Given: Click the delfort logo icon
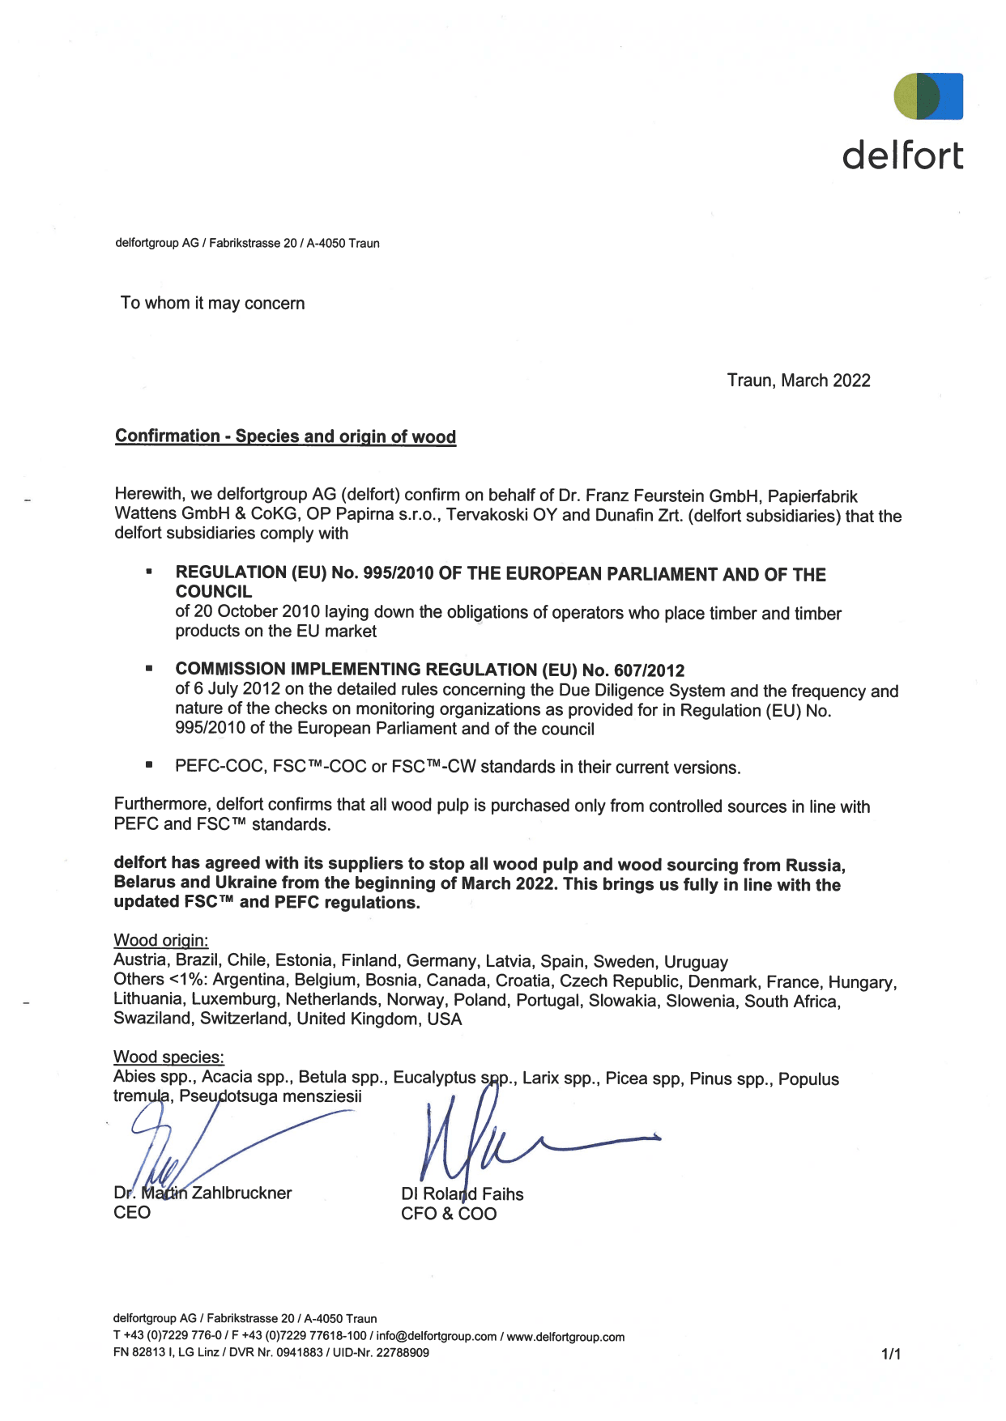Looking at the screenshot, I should [x=928, y=96].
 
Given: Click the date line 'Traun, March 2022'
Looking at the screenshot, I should [x=799, y=381].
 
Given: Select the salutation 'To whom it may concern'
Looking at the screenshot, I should [x=213, y=304].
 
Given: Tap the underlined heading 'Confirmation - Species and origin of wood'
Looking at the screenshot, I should [x=285, y=436].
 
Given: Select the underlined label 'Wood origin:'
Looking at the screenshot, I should [x=161, y=940].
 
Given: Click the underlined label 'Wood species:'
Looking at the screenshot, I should [x=168, y=1057].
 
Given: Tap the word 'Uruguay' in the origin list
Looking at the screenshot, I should [x=696, y=962].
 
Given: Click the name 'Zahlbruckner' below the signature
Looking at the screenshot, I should [x=241, y=1193].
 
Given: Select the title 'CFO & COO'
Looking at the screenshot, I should [x=449, y=1214].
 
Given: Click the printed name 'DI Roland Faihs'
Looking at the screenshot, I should [x=463, y=1194].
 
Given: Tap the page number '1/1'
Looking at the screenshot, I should [x=891, y=1354].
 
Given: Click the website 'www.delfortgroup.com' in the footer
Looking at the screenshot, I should [x=565, y=1337].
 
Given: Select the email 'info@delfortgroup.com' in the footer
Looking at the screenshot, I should [x=436, y=1337].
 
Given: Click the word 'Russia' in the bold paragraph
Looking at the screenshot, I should [x=814, y=865].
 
